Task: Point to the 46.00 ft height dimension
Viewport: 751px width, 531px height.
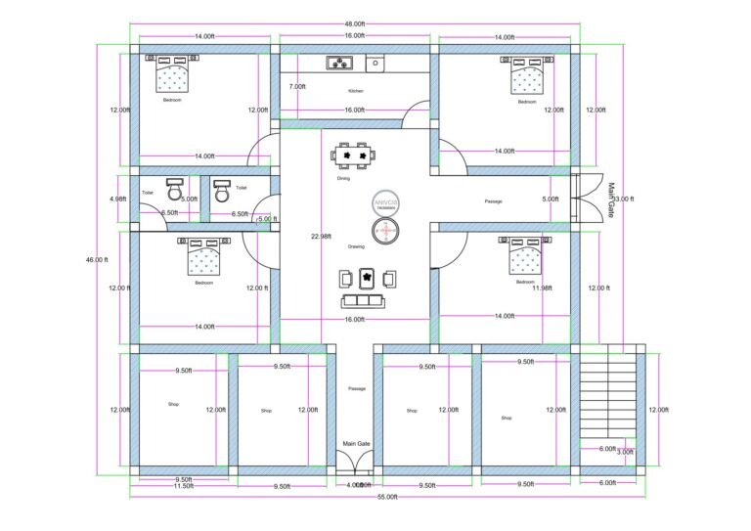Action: [95, 259]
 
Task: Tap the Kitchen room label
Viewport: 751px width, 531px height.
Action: [355, 91]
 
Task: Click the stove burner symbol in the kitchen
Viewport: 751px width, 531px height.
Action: [339, 64]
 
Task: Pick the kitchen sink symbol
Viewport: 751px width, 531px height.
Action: [375, 64]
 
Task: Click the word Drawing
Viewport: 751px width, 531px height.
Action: [356, 246]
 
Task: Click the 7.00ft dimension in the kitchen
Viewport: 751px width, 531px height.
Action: [297, 87]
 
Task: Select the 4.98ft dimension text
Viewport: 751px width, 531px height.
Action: [118, 199]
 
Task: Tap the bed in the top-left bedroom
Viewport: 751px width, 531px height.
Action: [174, 76]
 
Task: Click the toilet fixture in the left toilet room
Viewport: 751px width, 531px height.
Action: [176, 187]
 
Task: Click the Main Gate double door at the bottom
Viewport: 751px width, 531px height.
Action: [356, 460]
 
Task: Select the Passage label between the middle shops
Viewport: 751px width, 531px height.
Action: [356, 389]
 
